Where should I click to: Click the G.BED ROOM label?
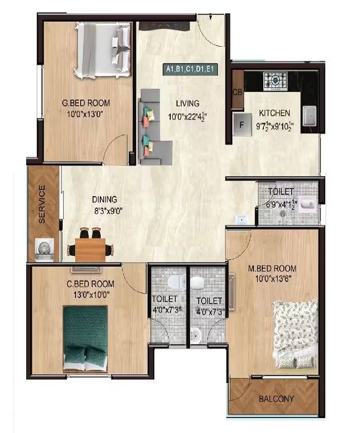[86, 103]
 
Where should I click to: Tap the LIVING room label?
[186, 103]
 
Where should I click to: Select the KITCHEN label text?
[275, 113]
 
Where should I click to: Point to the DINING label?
[105, 199]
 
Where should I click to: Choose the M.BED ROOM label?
[273, 268]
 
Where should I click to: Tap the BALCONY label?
[277, 399]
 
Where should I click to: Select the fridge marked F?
[240, 124]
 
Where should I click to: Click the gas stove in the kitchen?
[275, 79]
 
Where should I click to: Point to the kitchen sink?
[310, 116]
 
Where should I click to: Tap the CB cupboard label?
[238, 93]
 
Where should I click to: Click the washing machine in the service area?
[43, 248]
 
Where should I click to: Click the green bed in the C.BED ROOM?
[85, 337]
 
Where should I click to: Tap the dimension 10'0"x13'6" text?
[273, 279]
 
